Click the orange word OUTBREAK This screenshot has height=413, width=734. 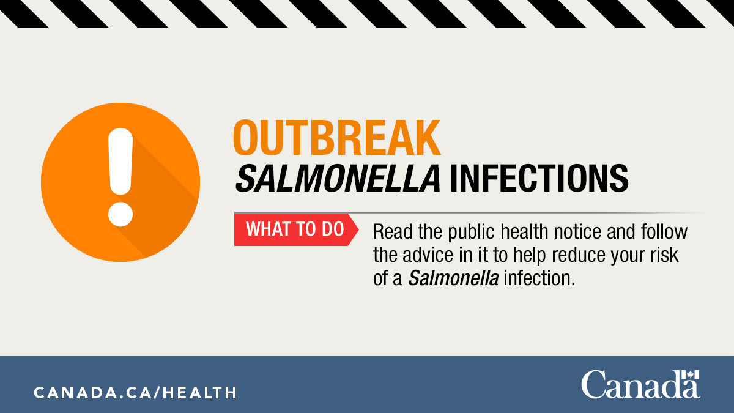click(337, 137)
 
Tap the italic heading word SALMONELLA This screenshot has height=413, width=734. click(338, 178)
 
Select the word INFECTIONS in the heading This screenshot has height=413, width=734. click(539, 178)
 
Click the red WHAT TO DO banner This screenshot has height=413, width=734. click(296, 229)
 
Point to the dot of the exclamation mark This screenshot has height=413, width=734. click(120, 214)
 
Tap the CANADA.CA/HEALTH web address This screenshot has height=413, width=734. click(135, 392)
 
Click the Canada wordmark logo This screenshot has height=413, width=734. click(640, 384)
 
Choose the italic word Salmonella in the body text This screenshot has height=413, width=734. click(453, 278)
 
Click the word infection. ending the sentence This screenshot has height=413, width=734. click(539, 278)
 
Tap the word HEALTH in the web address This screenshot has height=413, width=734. click(199, 392)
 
